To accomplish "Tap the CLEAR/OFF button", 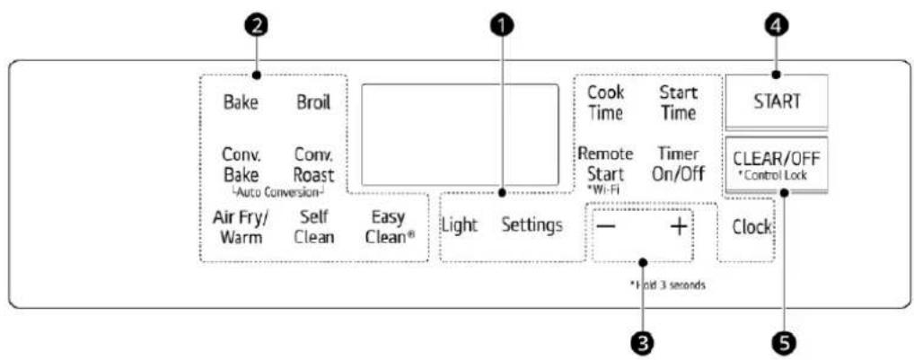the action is [x=776, y=165].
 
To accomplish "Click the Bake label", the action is [x=241, y=102].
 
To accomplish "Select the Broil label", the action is [x=313, y=102].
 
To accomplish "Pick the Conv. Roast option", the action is [x=314, y=165].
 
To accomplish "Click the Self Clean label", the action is [x=314, y=227].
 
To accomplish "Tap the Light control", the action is [x=460, y=224].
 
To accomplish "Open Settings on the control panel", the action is [x=532, y=224].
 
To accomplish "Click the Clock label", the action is [x=752, y=227].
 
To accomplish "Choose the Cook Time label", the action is [x=606, y=102].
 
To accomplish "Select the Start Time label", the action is [x=679, y=102].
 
